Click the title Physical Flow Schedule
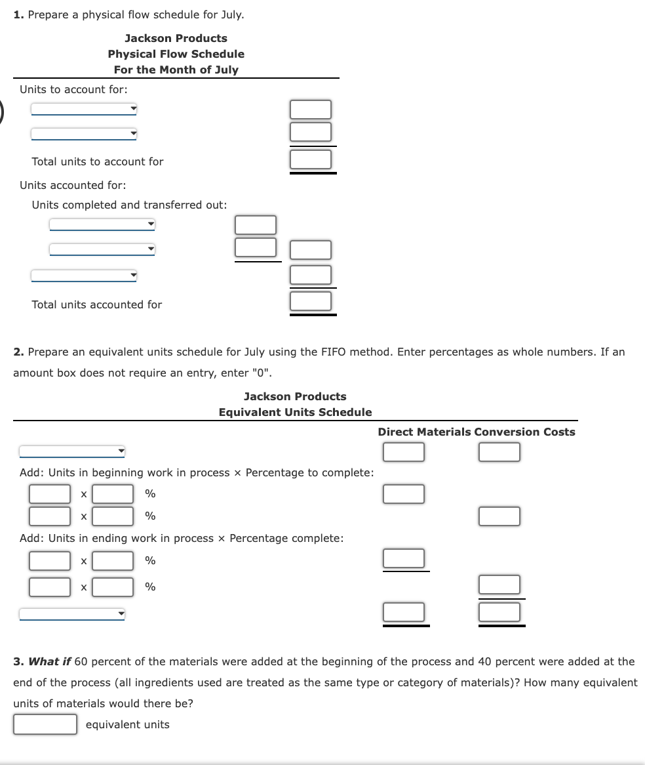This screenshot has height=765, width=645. click(x=176, y=54)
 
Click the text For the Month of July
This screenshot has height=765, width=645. click(x=176, y=70)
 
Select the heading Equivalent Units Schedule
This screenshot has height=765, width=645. click(x=295, y=412)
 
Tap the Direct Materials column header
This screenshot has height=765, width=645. click(x=424, y=432)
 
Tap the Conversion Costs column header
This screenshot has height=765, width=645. click(x=524, y=432)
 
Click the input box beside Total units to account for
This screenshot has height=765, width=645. click(x=311, y=159)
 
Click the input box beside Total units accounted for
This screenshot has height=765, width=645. click(x=311, y=301)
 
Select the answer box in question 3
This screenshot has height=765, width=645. click(x=45, y=724)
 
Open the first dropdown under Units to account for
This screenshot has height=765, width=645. click(x=84, y=109)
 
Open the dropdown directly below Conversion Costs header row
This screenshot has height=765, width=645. click(x=72, y=451)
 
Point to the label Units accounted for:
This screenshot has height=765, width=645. click(x=73, y=185)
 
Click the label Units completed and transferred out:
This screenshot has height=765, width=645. click(x=129, y=205)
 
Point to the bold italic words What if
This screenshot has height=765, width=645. click(x=50, y=661)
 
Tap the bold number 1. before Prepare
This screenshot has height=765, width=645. click(x=19, y=14)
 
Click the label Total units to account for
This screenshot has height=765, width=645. click(x=98, y=161)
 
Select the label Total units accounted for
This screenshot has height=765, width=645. click(x=96, y=304)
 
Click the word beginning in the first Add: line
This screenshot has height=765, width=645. click(x=117, y=472)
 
